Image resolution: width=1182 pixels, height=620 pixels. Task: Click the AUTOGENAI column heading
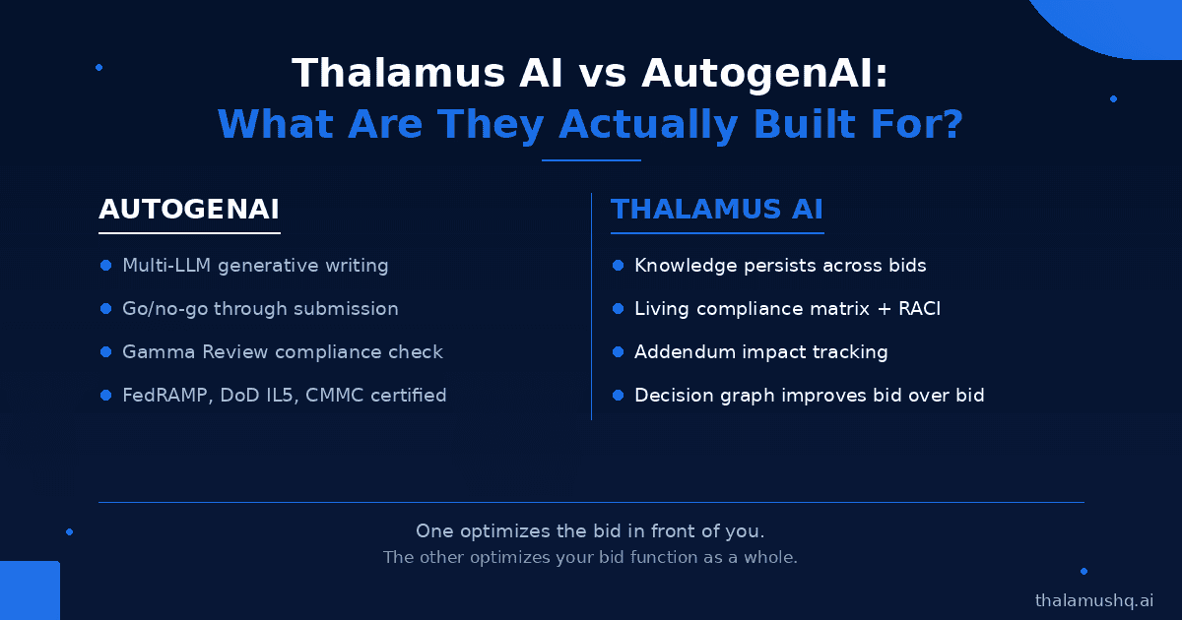189,209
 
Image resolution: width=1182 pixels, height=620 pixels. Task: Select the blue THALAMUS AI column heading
717,209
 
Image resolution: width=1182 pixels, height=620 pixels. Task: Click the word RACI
919,308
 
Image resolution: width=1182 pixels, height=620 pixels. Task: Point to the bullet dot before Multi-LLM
105,265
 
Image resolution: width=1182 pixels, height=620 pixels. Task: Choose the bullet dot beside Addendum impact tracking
618,351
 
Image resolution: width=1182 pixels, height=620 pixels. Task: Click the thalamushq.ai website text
1094,600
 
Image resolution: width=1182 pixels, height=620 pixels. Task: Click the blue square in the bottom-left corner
30,590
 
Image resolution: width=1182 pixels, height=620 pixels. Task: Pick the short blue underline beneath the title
591,160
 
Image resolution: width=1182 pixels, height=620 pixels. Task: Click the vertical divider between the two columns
592,306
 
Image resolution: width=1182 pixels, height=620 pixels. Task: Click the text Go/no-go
165,309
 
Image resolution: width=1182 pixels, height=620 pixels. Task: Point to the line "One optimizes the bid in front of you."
590,530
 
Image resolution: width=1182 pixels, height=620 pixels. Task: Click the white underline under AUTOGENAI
189,232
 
